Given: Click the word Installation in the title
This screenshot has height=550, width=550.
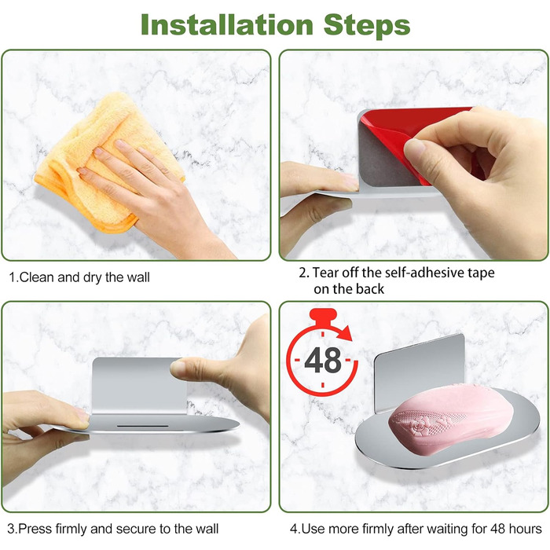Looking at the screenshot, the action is pos(227,24).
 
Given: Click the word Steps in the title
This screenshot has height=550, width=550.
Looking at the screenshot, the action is pos(367,25).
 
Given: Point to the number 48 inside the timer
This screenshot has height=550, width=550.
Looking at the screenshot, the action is pos(323,360).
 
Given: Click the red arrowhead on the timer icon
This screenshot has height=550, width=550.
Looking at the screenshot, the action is pos(346,333).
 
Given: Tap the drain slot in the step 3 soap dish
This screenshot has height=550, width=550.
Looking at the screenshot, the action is pos(142,426).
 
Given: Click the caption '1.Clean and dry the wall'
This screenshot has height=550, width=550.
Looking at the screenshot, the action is pos(79,277).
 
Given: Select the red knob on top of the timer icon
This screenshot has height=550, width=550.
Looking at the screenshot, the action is pos(324,314).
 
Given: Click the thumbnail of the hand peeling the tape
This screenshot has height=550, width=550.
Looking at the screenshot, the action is pos(414,148).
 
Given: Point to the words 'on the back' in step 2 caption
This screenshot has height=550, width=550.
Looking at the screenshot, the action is pos(349,289).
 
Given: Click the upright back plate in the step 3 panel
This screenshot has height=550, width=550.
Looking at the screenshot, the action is pos(138,385).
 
